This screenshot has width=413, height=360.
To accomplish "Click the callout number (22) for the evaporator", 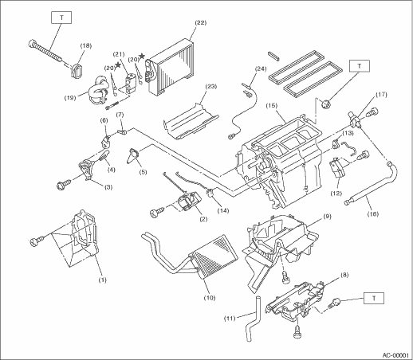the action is pos(201,22).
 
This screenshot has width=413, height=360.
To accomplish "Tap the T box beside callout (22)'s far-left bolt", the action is pos(61,18).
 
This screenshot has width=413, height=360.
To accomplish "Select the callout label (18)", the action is pos(86,45).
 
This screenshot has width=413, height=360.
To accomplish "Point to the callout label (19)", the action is pos(70,98).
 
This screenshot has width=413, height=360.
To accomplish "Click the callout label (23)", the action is pos(211,87).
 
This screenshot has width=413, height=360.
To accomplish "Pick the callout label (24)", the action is pos(261,68).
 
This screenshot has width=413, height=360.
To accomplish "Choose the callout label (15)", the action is pos(272,106).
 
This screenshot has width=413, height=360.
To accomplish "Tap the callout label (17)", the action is pos(381,95).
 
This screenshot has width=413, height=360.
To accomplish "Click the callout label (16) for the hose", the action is pos(373,213).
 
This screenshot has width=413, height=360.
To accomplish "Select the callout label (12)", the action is pos(336,194).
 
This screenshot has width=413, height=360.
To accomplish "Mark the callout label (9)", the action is pos(328,217).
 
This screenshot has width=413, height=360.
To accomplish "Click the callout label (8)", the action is pos(344,276).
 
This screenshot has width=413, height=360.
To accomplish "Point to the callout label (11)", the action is pos(230,318).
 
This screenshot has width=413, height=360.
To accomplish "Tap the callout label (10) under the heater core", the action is pos(210,298).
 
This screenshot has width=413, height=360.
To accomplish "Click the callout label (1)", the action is pos(102,280).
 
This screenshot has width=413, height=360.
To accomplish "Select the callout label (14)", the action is pos(222,211).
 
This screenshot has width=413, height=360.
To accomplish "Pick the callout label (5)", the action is pos(143,172).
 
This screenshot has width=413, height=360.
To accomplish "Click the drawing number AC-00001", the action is pos(395,355).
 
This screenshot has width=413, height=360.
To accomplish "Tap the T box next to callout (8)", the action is pos(374,298).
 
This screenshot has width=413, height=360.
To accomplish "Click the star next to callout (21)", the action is pos(118,65).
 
